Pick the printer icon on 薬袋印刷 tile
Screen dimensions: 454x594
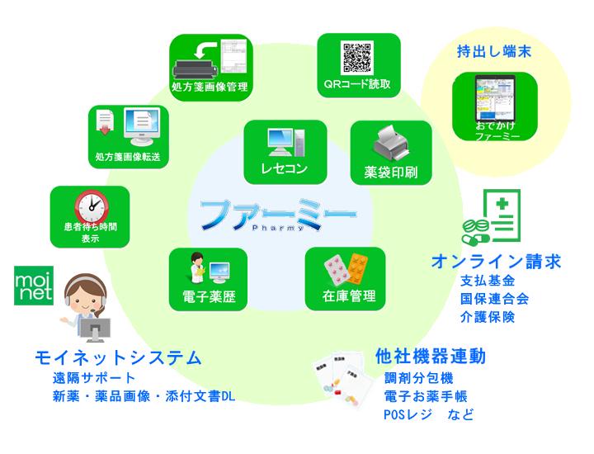coord(390,148)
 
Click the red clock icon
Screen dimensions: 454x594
coord(88,206)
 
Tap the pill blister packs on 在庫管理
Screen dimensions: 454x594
coord(345,267)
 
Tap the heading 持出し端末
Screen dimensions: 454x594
coord(493,52)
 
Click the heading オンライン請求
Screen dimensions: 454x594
coord(497,262)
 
